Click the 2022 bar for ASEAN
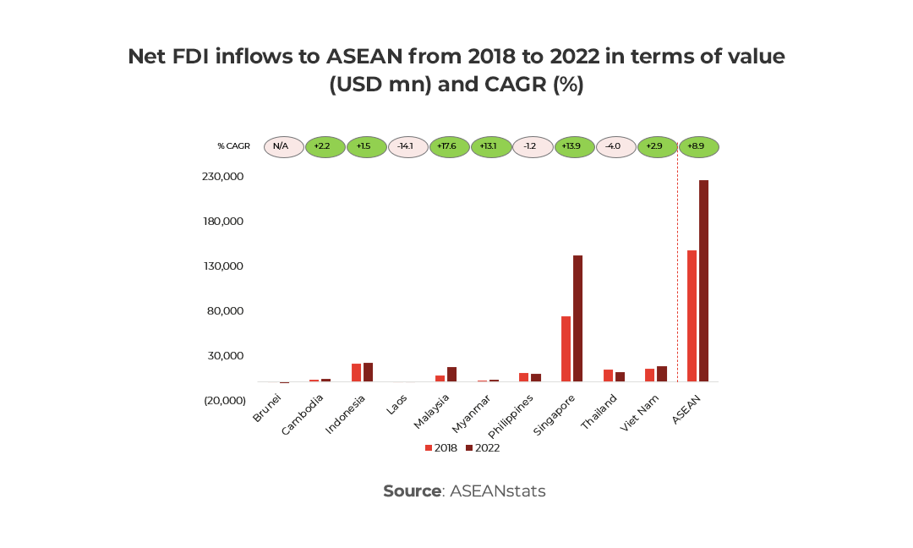(703, 281)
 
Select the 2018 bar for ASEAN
(692, 316)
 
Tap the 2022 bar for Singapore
(577, 318)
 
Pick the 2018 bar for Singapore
(566, 348)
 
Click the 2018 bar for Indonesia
(356, 373)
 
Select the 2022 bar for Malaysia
(451, 375)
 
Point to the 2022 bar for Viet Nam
(661, 374)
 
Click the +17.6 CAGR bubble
(449, 146)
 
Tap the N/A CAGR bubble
(283, 146)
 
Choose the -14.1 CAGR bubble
(407, 146)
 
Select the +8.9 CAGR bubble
(698, 146)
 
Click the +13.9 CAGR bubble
(574, 146)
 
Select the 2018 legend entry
(441, 448)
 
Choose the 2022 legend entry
(482, 448)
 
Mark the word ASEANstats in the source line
(497, 491)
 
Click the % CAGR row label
(233, 146)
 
